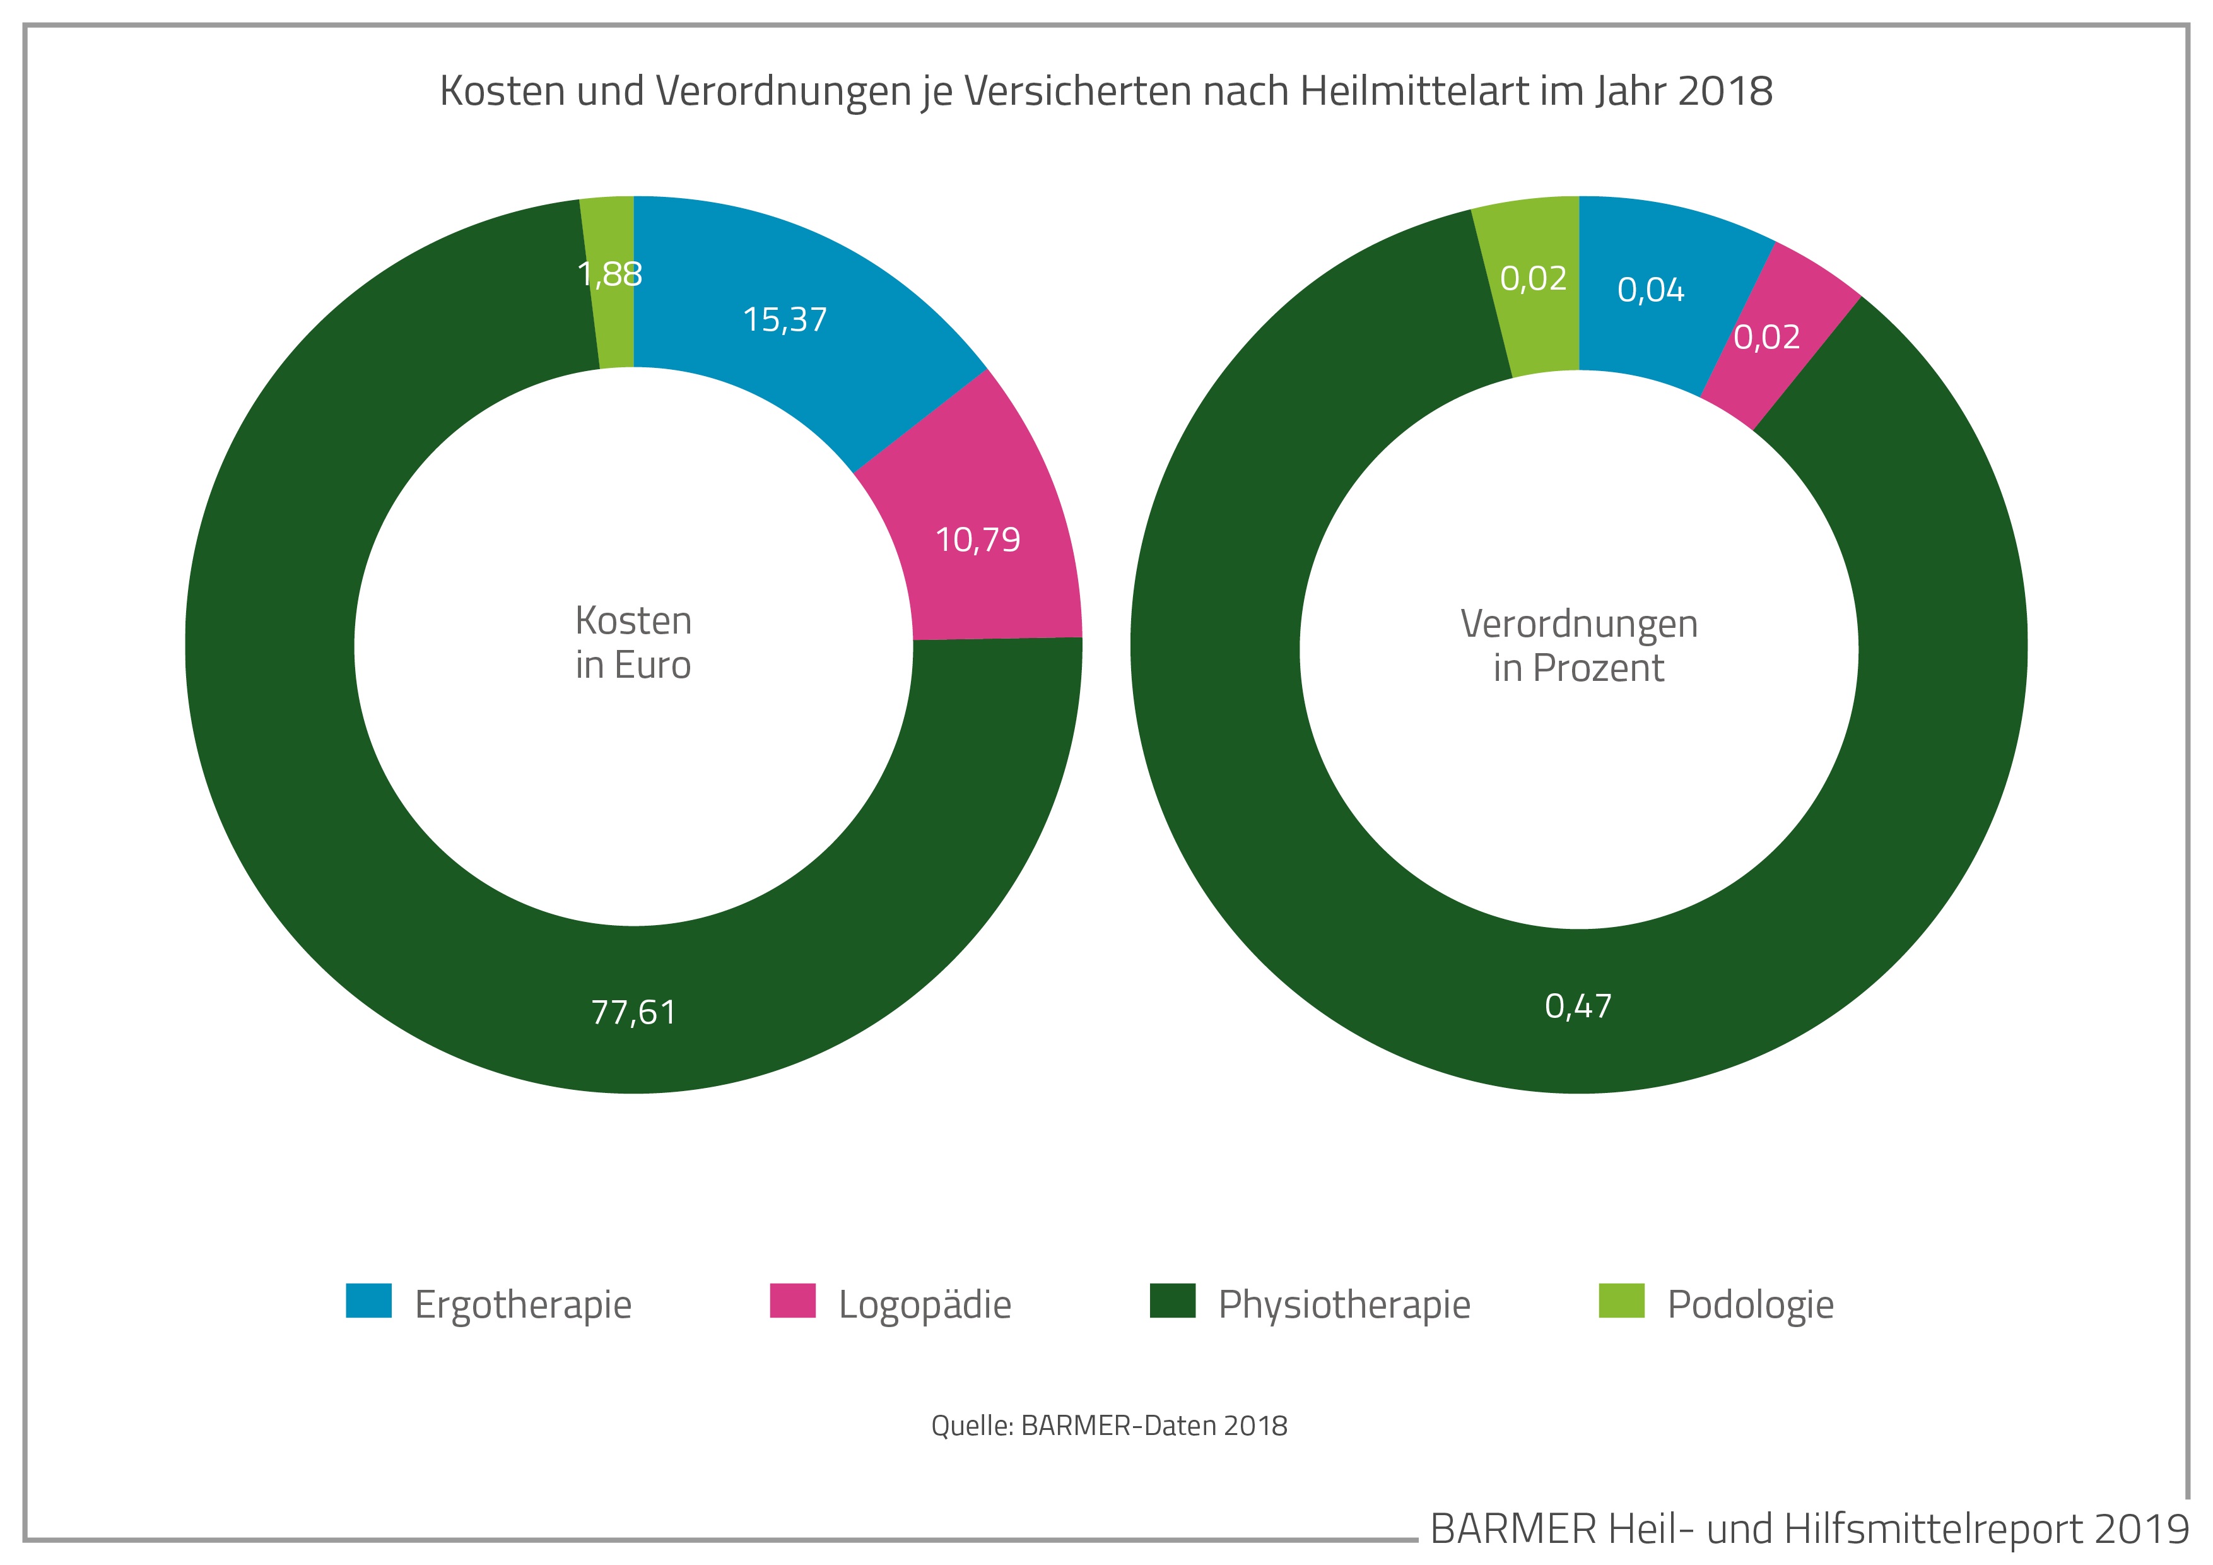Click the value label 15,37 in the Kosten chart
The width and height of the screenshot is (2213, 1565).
(785, 319)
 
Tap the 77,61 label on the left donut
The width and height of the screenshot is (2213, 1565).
(633, 1012)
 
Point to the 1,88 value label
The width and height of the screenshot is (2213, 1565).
(610, 275)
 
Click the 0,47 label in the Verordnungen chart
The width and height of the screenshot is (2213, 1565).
(1578, 1006)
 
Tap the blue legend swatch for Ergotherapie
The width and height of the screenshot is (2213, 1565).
(368, 1301)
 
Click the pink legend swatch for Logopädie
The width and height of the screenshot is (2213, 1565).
(792, 1301)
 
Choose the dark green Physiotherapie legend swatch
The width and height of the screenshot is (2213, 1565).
(1172, 1301)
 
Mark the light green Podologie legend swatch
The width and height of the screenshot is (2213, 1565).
(1621, 1301)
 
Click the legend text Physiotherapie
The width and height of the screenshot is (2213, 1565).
(1344, 1304)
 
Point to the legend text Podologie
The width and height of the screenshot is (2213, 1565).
(1751, 1304)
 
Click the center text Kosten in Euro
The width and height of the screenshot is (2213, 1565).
(633, 642)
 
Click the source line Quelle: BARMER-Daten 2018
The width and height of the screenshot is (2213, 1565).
(1108, 1426)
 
